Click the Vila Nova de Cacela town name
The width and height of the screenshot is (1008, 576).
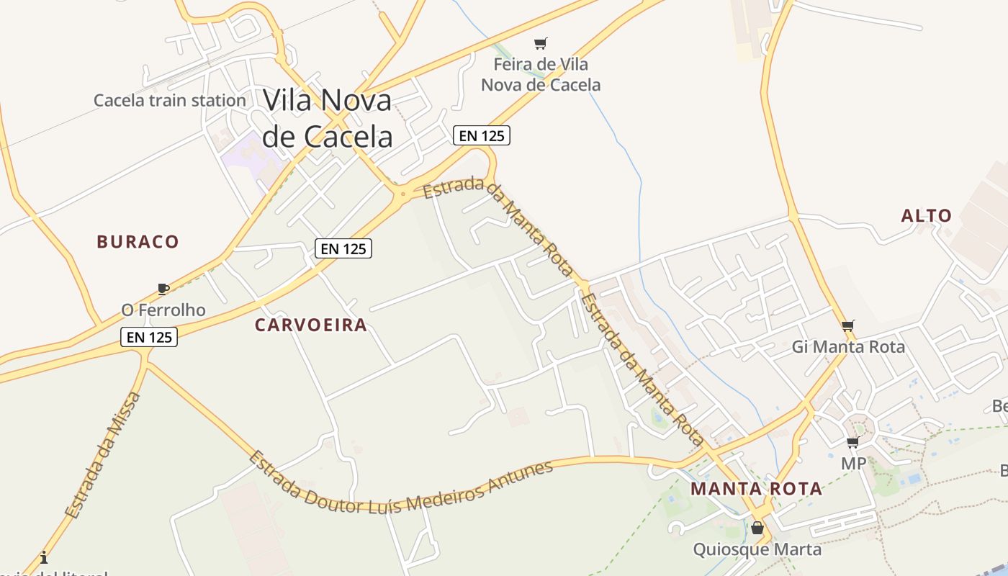coord(328,118)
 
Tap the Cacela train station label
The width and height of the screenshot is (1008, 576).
coord(170,100)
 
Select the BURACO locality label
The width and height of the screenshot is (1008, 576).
coord(138,242)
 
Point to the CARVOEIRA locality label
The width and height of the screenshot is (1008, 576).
coord(311,325)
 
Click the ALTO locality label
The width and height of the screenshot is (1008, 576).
coord(927,216)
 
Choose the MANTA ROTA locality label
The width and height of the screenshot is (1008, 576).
coord(756,490)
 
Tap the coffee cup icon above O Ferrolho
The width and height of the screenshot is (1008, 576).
coord(163,289)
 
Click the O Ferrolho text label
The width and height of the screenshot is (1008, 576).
coord(163,310)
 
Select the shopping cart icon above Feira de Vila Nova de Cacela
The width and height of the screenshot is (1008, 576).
coord(541,43)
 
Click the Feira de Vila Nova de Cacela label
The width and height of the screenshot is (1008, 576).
coord(541,75)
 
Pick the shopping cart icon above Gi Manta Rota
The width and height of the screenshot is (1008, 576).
coord(848,325)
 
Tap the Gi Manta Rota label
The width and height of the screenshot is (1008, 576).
coord(848,347)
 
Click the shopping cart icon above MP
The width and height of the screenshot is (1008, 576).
coord(853,442)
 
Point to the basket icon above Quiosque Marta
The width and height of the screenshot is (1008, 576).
coord(757,528)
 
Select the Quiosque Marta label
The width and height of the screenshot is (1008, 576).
coord(757,550)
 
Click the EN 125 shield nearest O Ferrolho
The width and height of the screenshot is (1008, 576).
coord(149,337)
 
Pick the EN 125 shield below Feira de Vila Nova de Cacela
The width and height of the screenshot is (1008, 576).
coord(482,135)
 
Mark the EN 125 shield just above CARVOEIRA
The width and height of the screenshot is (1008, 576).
coord(343,249)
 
